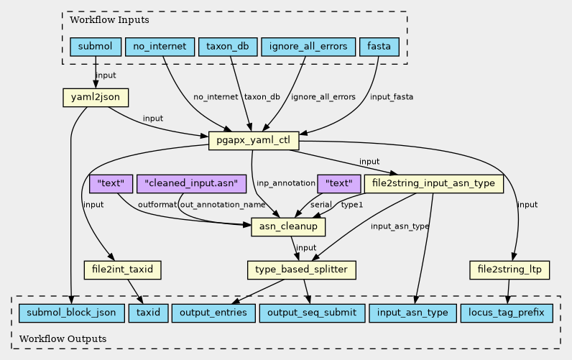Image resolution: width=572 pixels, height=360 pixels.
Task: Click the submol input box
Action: (96, 47)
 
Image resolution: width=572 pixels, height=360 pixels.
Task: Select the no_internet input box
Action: (160, 47)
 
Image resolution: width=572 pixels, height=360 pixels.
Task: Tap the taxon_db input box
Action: (228, 47)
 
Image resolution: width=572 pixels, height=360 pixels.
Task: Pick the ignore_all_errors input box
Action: (308, 47)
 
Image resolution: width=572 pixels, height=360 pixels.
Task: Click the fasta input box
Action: (379, 47)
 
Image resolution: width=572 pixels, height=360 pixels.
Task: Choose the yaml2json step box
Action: (96, 98)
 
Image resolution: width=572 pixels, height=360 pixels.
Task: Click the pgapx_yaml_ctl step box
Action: (254, 140)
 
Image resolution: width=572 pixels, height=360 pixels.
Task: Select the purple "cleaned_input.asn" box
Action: (192, 183)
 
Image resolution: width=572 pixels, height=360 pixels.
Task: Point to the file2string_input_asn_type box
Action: (434, 183)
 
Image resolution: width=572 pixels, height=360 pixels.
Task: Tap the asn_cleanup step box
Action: (288, 226)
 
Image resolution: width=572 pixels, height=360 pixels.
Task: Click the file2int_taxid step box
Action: (123, 270)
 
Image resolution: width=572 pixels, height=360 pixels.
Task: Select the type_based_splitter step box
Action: (302, 270)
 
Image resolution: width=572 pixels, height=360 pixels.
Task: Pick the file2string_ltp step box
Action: (509, 270)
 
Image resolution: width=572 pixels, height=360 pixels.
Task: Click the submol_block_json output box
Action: (72, 313)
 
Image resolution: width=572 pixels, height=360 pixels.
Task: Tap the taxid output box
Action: (149, 313)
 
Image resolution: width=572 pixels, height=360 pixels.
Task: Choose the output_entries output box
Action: (213, 313)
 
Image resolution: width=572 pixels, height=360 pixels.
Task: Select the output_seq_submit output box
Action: (312, 313)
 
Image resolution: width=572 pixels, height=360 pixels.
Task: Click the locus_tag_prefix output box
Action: (507, 313)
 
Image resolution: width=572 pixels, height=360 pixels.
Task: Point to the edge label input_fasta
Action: (392, 97)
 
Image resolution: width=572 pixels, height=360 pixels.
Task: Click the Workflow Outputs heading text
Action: (63, 339)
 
